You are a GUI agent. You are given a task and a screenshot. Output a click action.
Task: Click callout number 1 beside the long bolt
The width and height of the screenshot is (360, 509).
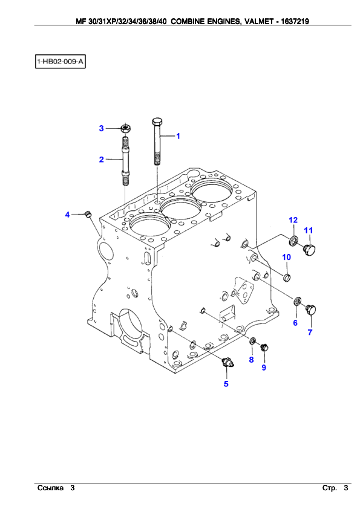click(x=178, y=136)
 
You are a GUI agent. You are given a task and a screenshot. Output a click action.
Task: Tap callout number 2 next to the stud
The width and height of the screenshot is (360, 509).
click(x=102, y=160)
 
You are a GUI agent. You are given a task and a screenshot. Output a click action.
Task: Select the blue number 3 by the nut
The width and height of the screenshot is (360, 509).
click(x=102, y=129)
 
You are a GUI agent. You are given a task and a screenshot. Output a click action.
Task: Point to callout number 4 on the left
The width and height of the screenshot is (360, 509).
click(x=67, y=215)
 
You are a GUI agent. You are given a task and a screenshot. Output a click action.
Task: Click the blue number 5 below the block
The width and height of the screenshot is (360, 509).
click(x=226, y=384)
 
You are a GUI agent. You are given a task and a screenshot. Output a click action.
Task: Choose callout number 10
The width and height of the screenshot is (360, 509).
click(x=286, y=257)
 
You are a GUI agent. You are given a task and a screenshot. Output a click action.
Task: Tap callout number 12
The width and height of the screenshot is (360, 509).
click(x=293, y=220)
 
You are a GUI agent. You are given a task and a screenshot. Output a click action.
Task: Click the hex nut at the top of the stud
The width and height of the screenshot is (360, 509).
click(x=125, y=128)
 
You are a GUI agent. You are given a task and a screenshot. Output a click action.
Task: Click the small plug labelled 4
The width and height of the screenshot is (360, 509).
click(x=88, y=214)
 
